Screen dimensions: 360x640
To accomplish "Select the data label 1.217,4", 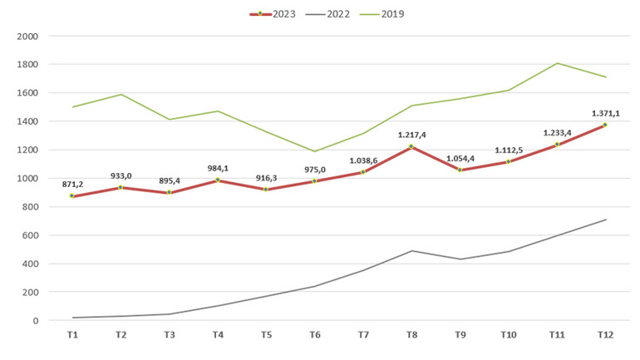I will (411, 135).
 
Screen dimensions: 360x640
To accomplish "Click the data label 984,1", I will (217, 169).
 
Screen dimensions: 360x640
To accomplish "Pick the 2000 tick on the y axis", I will (27, 37).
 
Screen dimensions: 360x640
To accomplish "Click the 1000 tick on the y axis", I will (27, 179).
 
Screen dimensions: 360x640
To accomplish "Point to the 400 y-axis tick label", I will (30, 264).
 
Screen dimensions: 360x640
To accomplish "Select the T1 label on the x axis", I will (72, 334).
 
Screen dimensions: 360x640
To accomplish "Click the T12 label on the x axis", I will (605, 334).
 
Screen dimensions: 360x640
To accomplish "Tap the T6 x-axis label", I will (314, 334).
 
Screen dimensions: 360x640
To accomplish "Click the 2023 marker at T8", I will (411, 147).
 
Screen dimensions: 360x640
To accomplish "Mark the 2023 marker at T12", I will (605, 125).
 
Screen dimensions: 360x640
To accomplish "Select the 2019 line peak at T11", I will (557, 63).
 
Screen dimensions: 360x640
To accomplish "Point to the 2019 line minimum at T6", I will (314, 151).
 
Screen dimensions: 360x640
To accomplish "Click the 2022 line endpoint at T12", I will (605, 219).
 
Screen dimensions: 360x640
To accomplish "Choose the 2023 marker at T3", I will (169, 192).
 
